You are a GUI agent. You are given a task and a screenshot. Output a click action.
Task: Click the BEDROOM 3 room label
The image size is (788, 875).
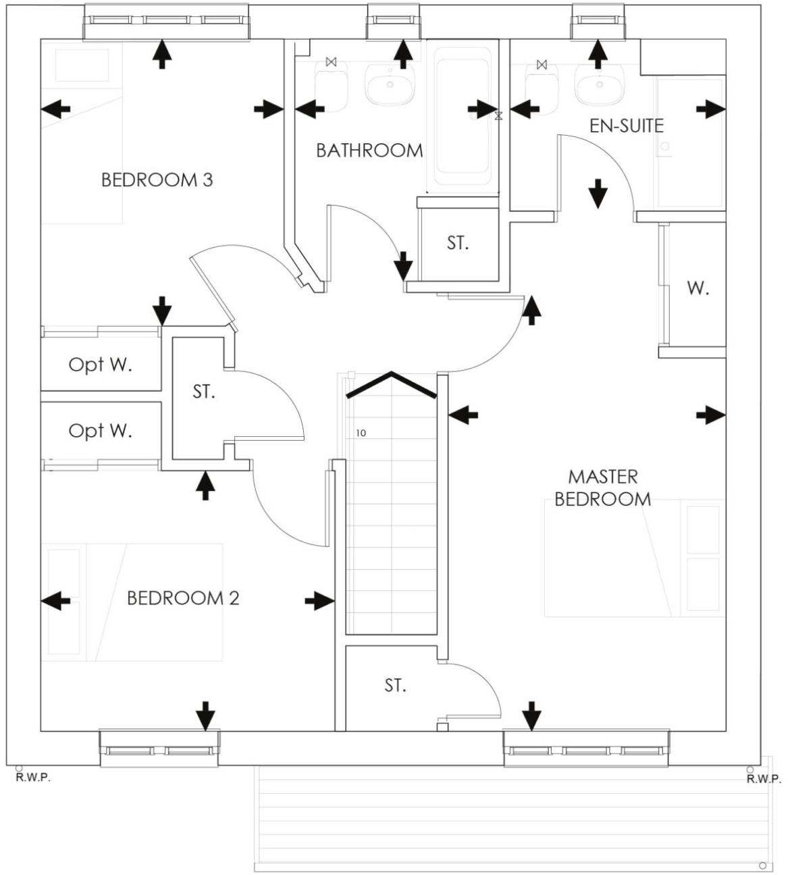pos(157,180)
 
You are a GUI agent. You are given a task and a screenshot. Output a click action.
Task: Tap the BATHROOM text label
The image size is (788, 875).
pos(369,151)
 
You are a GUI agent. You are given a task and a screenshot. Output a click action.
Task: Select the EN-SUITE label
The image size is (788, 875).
pos(626,126)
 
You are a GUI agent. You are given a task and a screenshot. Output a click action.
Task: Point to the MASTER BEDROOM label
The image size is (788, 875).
pos(602,488)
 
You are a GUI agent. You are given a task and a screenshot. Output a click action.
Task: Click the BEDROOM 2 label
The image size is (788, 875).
pos(183,598)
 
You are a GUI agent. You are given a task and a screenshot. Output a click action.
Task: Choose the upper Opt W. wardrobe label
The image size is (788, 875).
pos(100,365)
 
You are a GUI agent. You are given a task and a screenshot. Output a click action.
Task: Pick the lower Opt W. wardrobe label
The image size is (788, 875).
pos(100,431)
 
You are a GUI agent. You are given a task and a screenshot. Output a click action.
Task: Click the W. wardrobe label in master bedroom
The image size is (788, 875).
pos(698,289)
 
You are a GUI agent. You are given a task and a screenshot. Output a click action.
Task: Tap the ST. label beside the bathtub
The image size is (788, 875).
pos(457,243)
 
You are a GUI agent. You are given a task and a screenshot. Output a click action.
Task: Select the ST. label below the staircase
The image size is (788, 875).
pos(395,686)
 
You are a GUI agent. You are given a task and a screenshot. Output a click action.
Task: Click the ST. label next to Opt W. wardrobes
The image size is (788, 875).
pos(203,392)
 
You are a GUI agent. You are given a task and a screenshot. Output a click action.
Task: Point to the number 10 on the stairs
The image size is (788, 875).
pos(361,433)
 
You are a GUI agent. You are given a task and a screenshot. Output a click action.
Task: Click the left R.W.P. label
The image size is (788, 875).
pos(32,778)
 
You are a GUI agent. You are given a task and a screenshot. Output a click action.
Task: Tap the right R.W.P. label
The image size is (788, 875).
pos(763,779)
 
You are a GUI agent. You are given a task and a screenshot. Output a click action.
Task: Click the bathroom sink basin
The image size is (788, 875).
pos(390,86)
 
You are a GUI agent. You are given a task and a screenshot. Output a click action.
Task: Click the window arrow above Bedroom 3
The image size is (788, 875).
pos(161,55)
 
